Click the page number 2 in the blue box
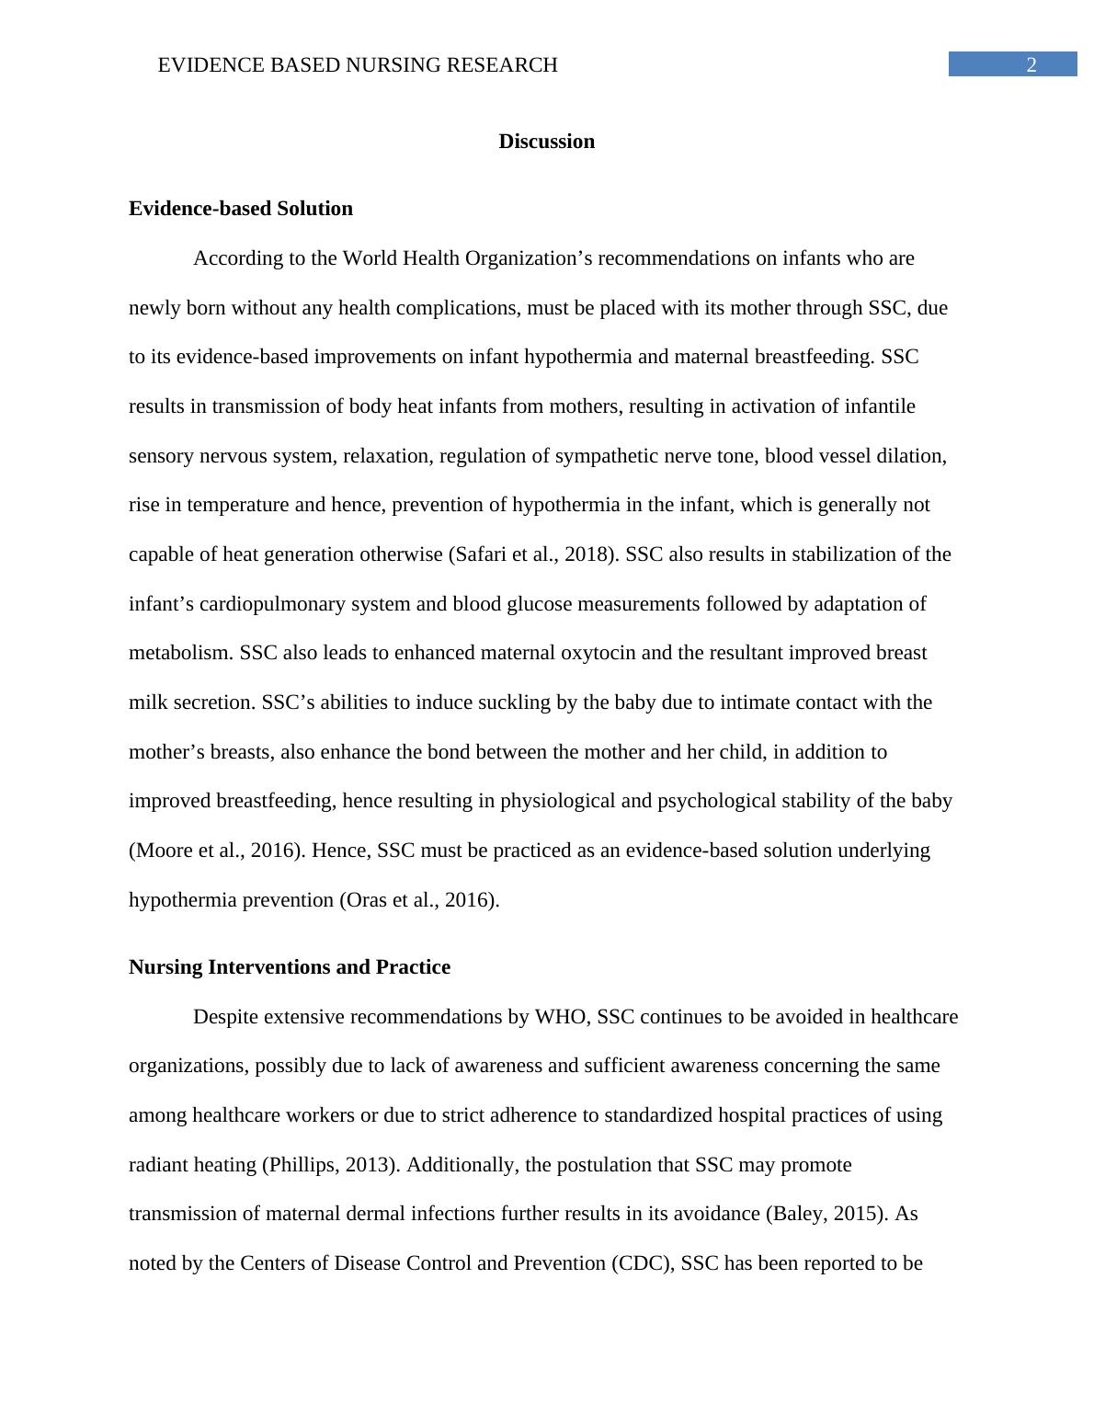[x=1031, y=64]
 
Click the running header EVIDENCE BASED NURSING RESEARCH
[x=358, y=64]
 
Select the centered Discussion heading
[x=546, y=141]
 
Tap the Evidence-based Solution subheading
[x=241, y=209]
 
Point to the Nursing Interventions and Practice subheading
[x=290, y=967]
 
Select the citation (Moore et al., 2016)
[x=217, y=851]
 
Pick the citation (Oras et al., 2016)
[x=419, y=900]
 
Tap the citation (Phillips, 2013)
[x=331, y=1165]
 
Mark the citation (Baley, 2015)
[x=826, y=1214]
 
